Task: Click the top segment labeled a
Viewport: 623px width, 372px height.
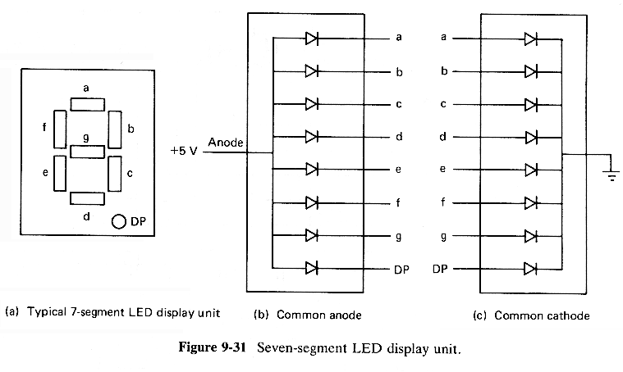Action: click(x=88, y=103)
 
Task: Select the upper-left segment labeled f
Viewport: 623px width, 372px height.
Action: click(x=59, y=127)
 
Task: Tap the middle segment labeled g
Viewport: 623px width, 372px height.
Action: click(x=87, y=150)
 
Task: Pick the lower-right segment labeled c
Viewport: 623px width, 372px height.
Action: click(x=115, y=173)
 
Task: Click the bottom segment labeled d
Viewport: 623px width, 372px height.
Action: click(x=87, y=197)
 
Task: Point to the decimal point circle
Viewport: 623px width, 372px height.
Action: click(x=119, y=220)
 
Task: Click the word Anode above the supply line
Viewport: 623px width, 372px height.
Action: click(x=226, y=142)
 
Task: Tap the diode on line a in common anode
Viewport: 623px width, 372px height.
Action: click(x=312, y=39)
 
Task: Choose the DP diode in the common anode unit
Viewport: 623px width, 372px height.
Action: click(x=312, y=268)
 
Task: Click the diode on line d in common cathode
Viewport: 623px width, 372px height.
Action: click(x=530, y=136)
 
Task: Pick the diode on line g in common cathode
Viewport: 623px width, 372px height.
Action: click(x=530, y=235)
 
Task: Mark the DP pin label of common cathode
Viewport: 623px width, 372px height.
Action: click(x=440, y=269)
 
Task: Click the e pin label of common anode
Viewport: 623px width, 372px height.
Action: click(x=398, y=170)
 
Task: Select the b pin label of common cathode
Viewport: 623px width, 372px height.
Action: click(x=444, y=71)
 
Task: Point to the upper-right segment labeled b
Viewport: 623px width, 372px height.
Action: click(x=115, y=127)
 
